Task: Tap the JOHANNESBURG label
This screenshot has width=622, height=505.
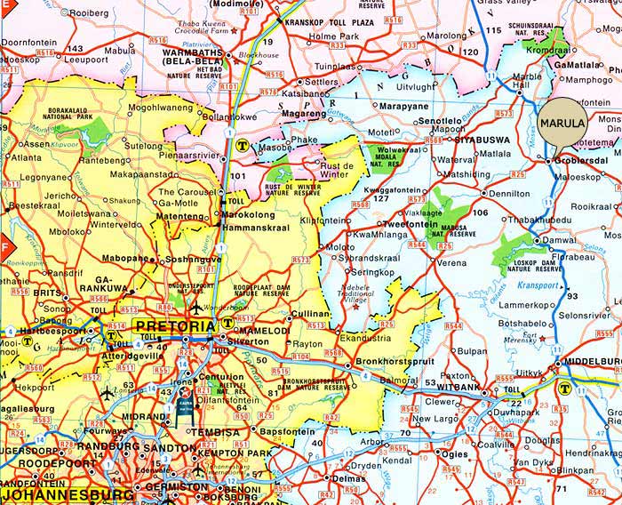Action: pyautogui.click(x=58, y=495)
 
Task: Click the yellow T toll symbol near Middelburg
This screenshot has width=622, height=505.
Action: pyautogui.click(x=563, y=387)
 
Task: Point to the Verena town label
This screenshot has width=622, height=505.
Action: pyautogui.click(x=451, y=263)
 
